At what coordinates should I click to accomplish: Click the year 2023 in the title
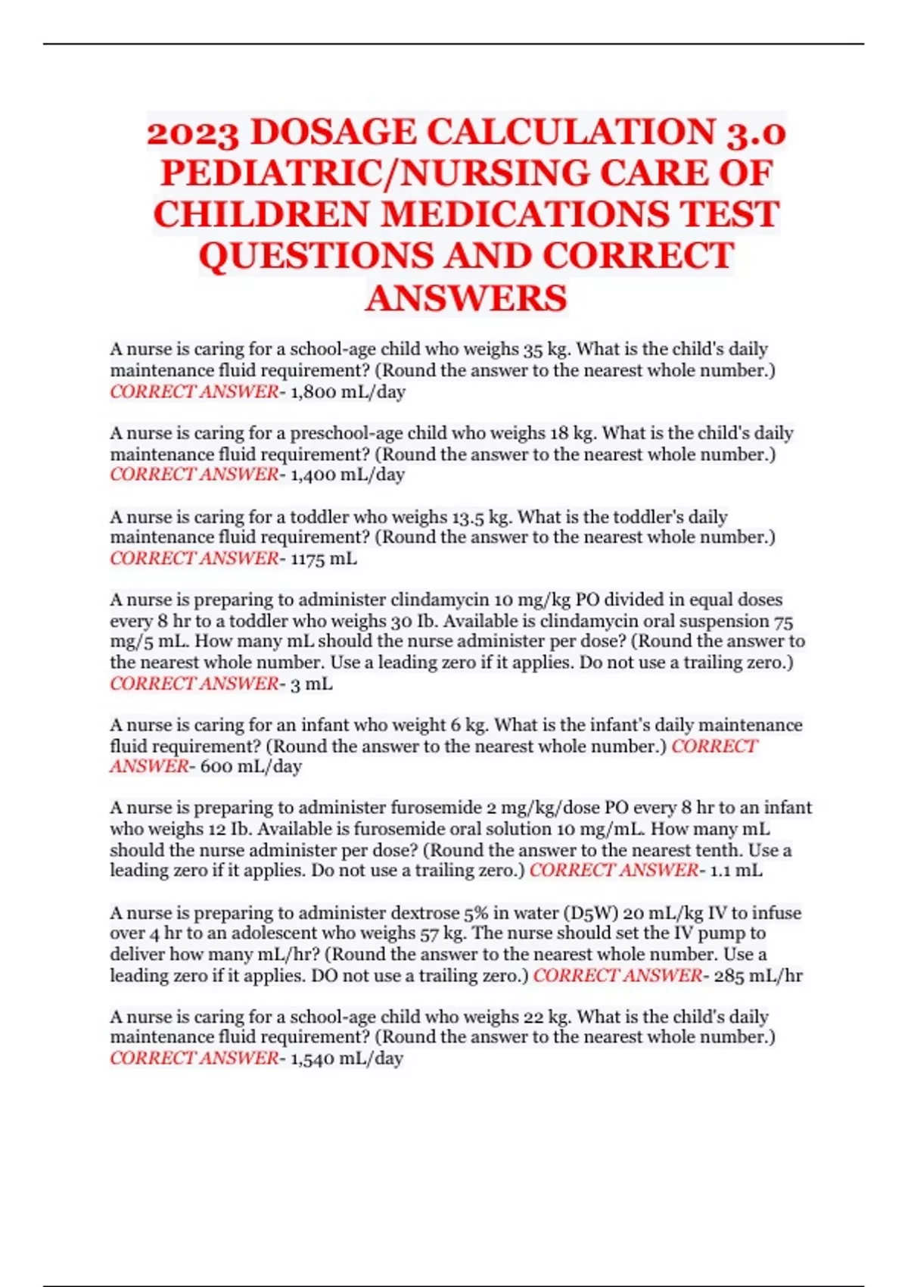(194, 134)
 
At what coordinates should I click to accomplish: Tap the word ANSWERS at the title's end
(466, 298)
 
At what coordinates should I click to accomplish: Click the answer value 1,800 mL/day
(348, 392)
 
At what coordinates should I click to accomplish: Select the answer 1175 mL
(324, 559)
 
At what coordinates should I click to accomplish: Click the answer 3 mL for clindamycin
(311, 684)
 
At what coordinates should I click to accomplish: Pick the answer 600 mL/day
(250, 766)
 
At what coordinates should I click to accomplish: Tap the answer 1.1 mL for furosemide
(735, 871)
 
